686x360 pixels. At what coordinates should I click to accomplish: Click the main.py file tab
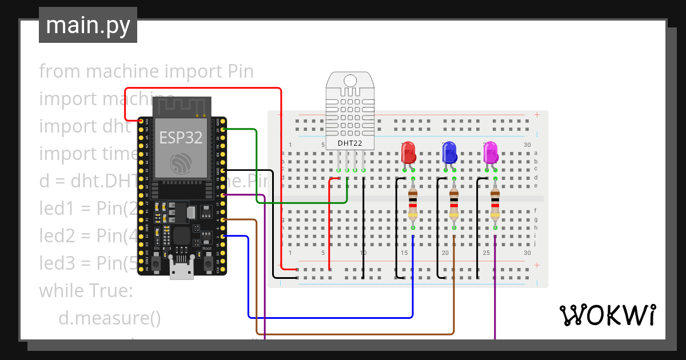(x=87, y=25)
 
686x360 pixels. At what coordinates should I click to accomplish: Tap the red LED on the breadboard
(x=408, y=153)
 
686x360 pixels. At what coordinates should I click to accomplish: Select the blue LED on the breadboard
(x=449, y=153)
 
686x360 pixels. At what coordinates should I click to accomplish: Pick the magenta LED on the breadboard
(x=490, y=153)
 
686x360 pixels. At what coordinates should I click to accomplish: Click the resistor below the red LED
(x=413, y=206)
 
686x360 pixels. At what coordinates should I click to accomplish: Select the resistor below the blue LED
(x=454, y=206)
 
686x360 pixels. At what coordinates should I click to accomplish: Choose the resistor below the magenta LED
(x=495, y=206)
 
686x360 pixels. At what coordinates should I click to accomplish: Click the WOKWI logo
(x=607, y=315)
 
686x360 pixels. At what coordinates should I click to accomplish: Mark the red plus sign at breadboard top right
(x=537, y=115)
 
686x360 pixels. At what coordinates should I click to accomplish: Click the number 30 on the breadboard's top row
(x=527, y=145)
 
